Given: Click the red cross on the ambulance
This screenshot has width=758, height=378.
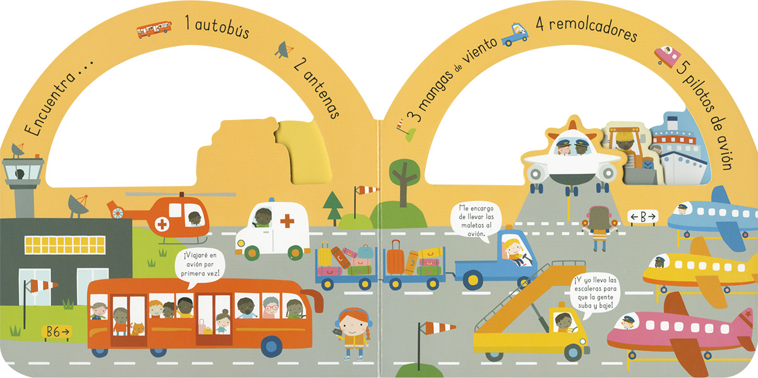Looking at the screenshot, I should [x=287, y=221].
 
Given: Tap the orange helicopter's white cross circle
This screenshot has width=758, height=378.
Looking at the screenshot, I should [x=162, y=224].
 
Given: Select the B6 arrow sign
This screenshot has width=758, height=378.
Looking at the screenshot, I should [x=57, y=331].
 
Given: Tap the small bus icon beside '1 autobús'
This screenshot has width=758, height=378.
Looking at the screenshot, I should [x=154, y=28].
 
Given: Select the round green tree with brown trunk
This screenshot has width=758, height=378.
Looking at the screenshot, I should [x=404, y=174].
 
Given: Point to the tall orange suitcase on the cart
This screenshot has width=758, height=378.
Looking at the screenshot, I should [x=395, y=257].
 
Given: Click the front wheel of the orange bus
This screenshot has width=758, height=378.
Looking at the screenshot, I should [x=272, y=345].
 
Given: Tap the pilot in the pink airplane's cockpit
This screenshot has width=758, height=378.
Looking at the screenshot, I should [x=627, y=322].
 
